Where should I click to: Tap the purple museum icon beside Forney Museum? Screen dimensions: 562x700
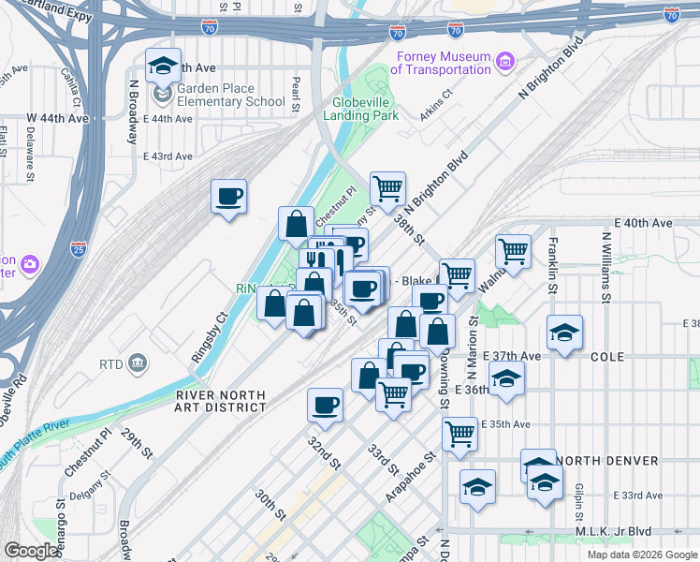click(x=505, y=63)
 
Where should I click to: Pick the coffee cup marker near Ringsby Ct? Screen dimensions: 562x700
click(x=229, y=197)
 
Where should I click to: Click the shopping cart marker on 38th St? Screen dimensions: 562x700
click(x=387, y=188)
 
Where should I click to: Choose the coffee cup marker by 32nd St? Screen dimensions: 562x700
click(x=325, y=405)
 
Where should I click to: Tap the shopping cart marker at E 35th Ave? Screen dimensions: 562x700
click(x=459, y=434)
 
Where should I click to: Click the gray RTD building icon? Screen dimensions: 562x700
click(x=137, y=362)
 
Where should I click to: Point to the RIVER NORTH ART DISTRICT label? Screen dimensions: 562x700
click(x=222, y=401)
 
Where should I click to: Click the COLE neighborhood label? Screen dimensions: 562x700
click(x=608, y=357)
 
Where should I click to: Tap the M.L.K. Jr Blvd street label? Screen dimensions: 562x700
click(x=652, y=531)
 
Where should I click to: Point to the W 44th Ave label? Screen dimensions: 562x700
click(x=57, y=118)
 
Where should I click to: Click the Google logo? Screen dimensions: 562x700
click(x=32, y=551)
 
